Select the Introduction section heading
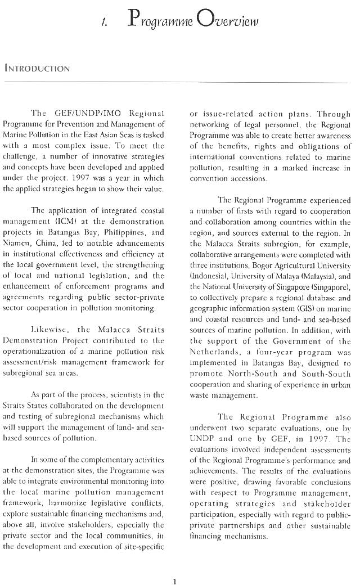37,69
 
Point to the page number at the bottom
175,565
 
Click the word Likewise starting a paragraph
50,329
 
